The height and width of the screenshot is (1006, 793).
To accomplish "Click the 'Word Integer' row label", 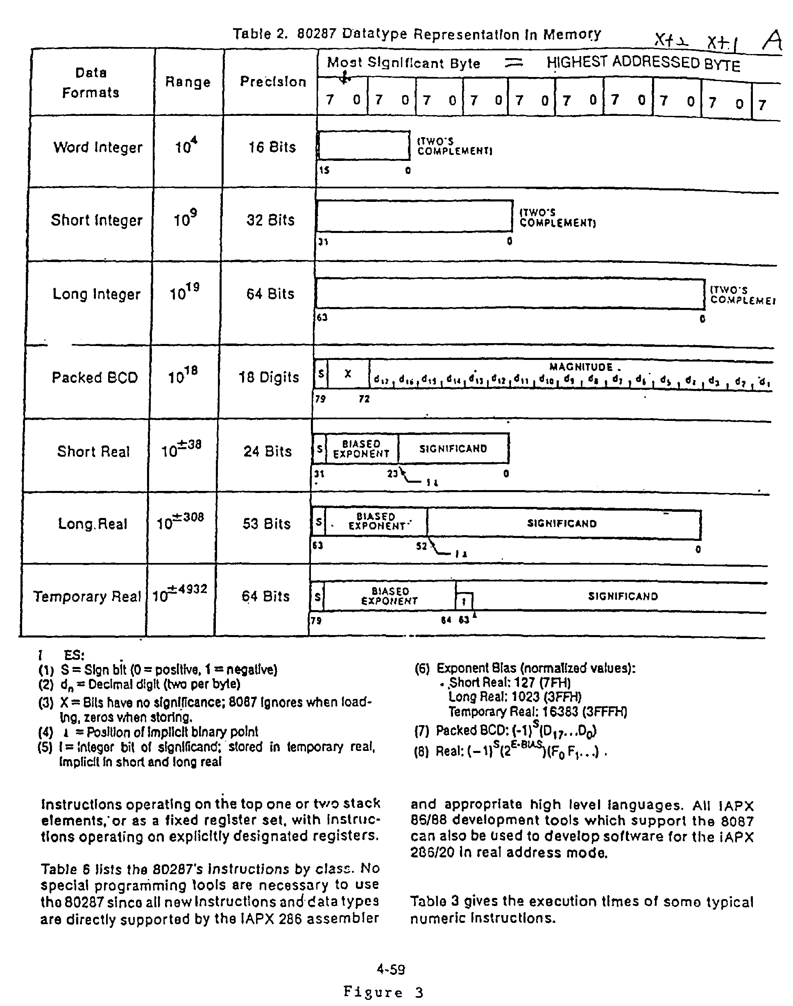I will (97, 147).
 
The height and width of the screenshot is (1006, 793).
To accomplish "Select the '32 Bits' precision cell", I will (270, 220).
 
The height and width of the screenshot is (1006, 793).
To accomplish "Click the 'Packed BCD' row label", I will (95, 377).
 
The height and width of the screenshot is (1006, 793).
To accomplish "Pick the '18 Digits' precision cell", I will (269, 377).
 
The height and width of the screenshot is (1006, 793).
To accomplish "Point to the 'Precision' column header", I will (273, 81).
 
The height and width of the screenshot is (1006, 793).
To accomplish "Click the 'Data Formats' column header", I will (91, 83).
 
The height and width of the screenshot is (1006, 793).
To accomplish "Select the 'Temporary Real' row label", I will (87, 596).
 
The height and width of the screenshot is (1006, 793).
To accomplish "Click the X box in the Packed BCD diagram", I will (348, 373).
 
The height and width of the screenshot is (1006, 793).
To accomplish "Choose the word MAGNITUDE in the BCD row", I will (581, 367).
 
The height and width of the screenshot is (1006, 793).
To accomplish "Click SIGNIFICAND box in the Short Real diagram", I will (453, 449).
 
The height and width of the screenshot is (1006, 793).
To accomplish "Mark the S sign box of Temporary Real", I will (317, 596).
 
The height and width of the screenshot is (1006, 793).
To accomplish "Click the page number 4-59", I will (391, 969).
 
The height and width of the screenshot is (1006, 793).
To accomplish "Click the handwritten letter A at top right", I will (771, 42).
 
